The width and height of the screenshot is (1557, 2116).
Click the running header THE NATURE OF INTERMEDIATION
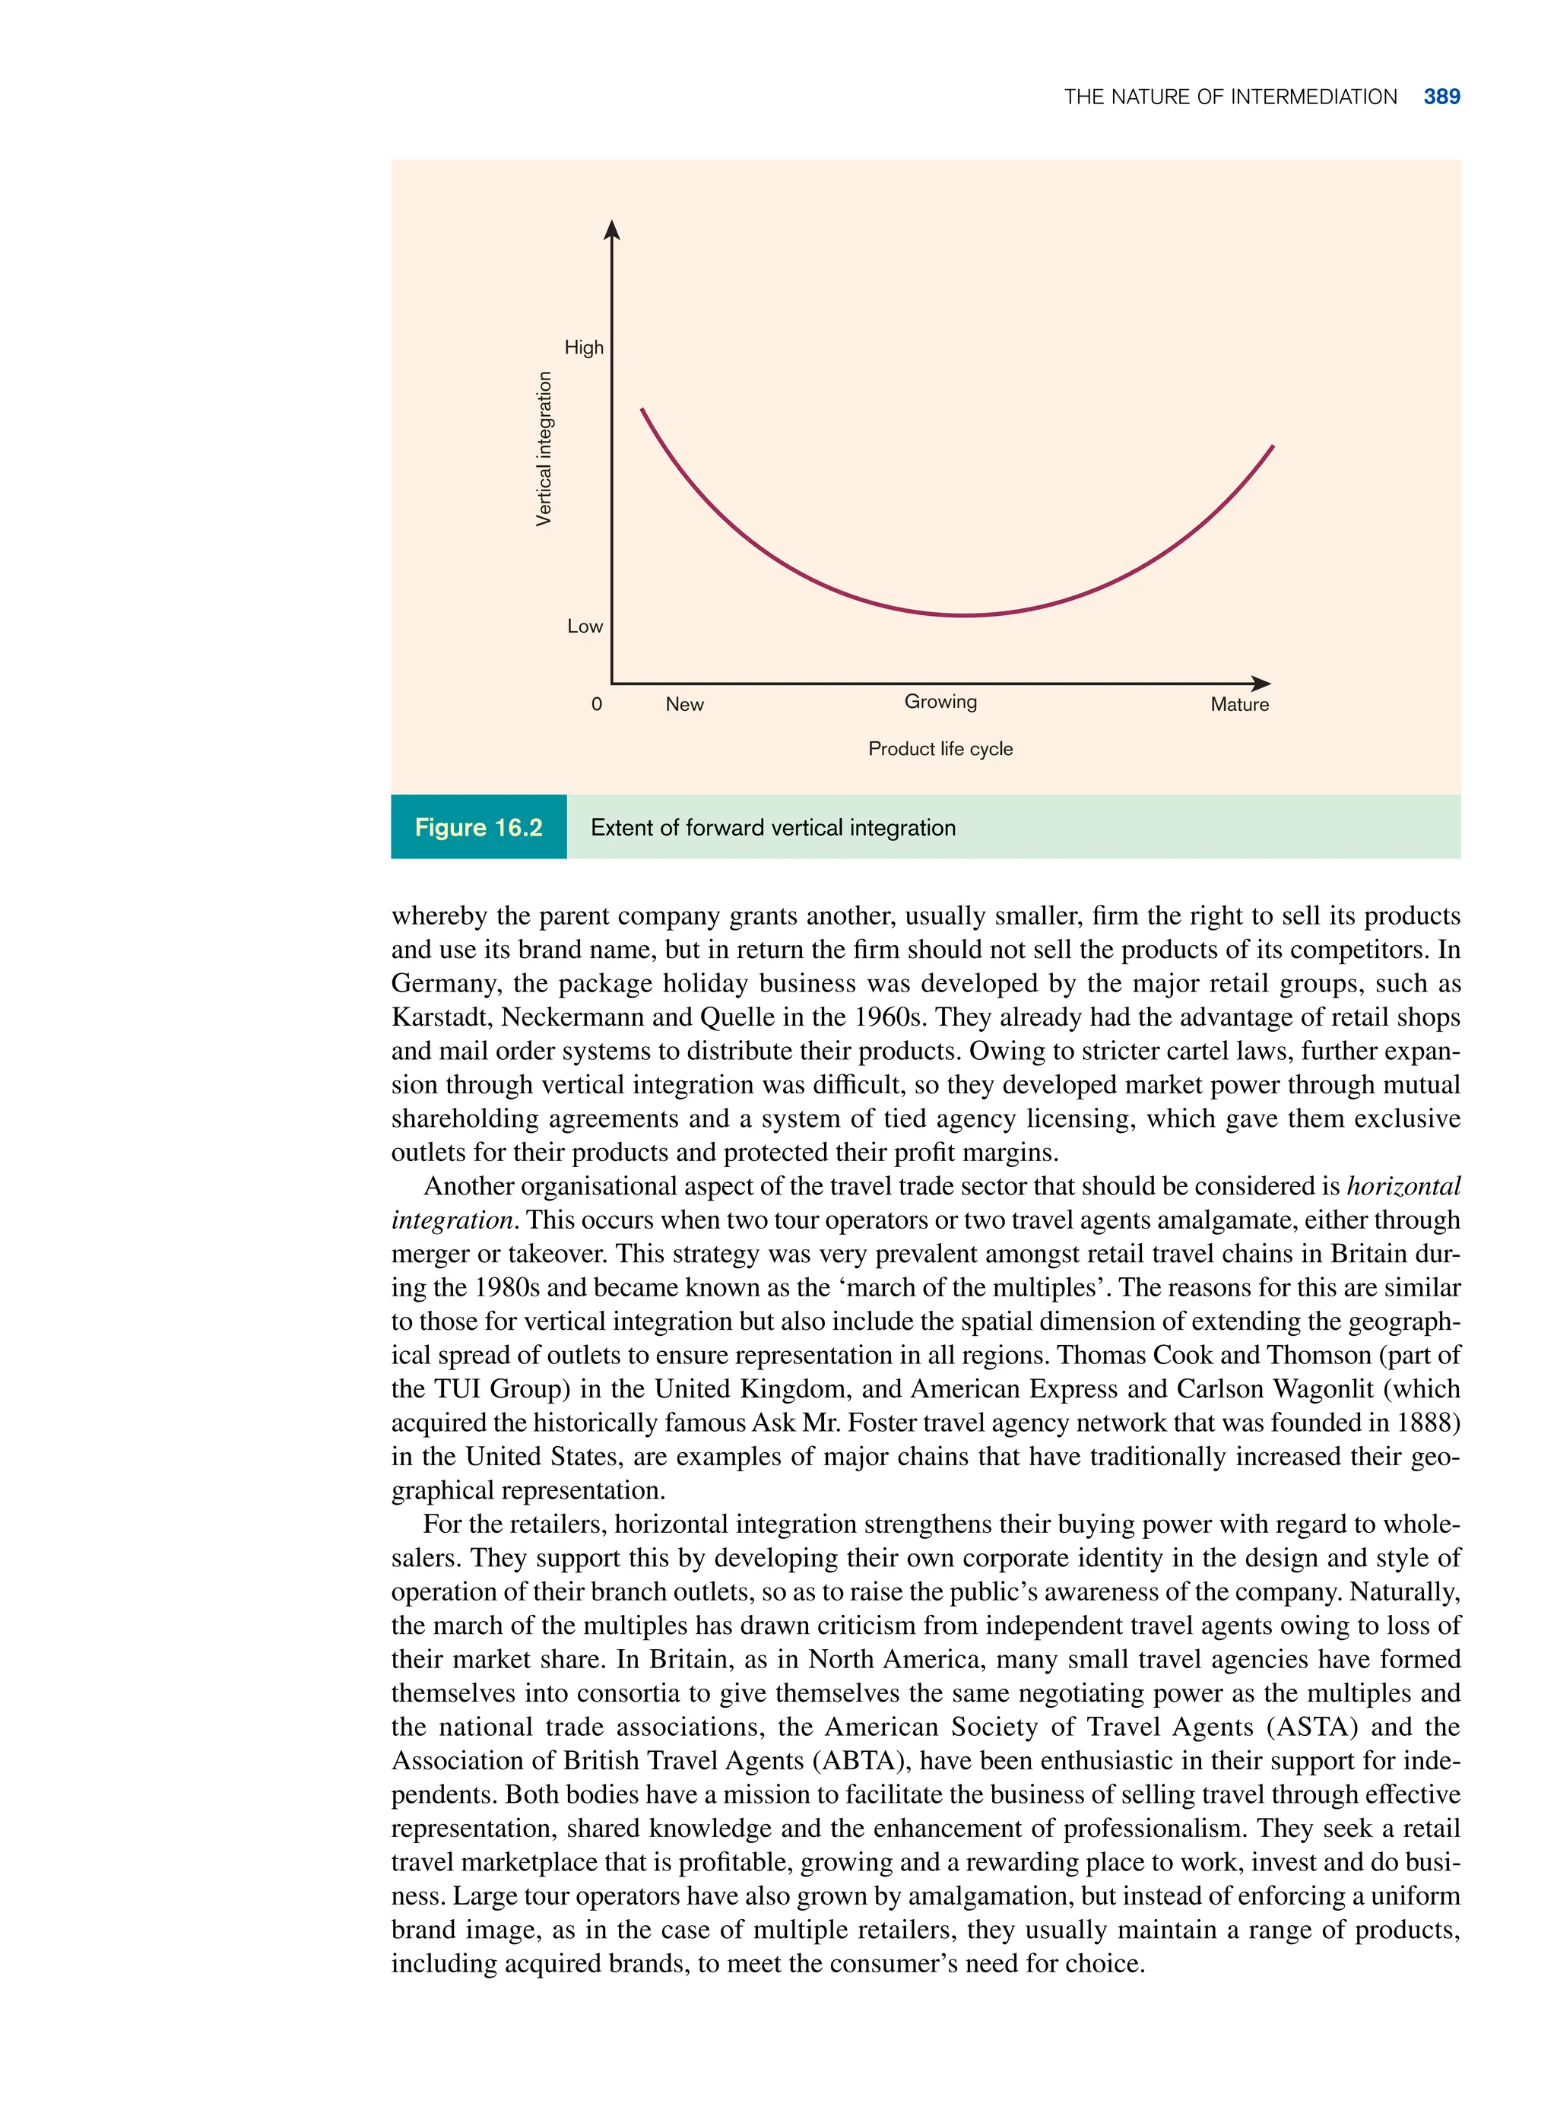coord(1230,97)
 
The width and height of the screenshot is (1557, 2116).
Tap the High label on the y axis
coord(583,347)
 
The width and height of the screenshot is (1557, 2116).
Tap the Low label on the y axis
coord(585,627)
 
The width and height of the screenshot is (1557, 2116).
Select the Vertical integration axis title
coord(544,449)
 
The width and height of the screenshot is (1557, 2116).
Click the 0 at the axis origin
coord(597,704)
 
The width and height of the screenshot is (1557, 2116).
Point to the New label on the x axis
coord(684,704)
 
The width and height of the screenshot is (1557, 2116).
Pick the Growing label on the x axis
coord(940,701)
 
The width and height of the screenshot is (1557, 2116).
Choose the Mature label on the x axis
coord(1239,704)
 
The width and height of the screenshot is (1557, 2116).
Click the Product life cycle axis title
coord(940,748)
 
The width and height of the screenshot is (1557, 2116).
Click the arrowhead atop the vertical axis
coord(612,230)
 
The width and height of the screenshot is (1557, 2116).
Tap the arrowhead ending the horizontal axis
coord(1261,684)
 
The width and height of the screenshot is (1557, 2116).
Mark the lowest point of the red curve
coord(964,615)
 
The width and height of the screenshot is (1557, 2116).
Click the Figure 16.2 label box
coord(479,826)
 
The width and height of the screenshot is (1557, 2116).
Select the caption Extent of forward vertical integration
coord(773,827)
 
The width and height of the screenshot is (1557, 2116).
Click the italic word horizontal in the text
coord(1403,1185)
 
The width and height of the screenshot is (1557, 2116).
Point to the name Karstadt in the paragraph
coord(441,1017)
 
